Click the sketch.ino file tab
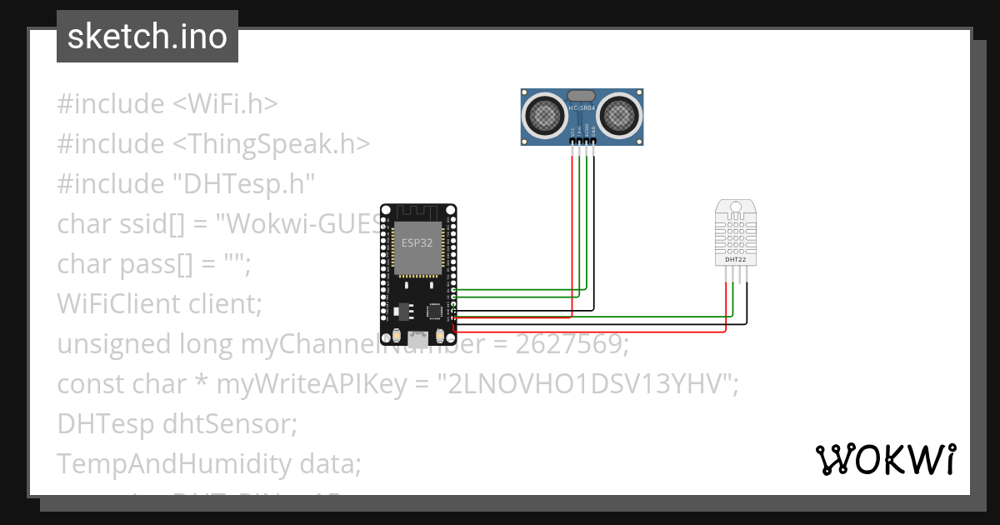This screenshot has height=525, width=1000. [x=147, y=37]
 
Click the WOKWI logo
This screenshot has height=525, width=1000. [x=885, y=459]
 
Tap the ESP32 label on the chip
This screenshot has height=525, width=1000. [x=417, y=243]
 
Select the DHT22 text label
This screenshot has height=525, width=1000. [x=735, y=260]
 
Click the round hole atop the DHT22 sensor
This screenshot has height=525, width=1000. [x=735, y=206]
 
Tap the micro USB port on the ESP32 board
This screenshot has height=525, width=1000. [x=417, y=337]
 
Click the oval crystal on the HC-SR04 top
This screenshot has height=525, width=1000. [x=582, y=96]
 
